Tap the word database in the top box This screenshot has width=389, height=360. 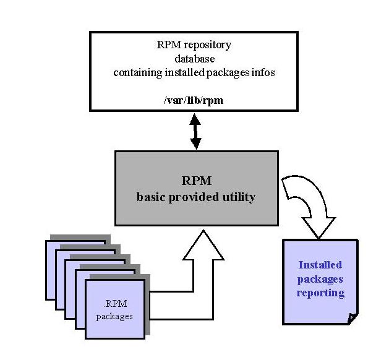coord(195,59)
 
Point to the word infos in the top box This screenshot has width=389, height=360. coord(262,72)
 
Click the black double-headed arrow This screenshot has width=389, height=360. coord(195,132)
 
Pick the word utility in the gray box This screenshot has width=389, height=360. coord(238,197)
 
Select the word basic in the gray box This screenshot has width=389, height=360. coord(151,197)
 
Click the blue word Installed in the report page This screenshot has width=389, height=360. coord(320,265)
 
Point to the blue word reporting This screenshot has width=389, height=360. coord(320,293)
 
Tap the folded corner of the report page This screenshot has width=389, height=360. coord(353,319)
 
